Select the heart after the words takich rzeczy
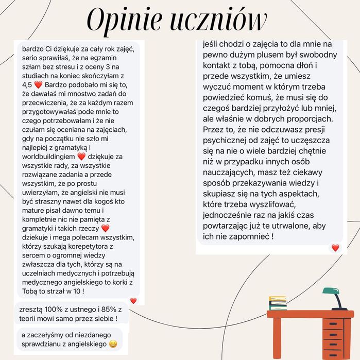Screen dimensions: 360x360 (106, 228)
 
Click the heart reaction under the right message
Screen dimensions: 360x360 (335, 248)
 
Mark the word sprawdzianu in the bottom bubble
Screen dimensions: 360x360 (44, 344)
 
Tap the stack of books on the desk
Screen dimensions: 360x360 (278, 303)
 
